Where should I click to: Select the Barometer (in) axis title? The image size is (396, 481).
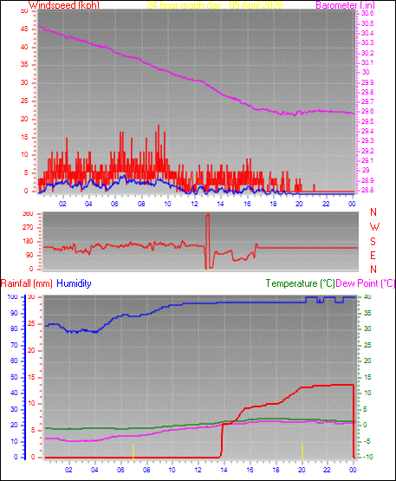point(345,5)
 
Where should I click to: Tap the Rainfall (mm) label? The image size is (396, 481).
point(27,283)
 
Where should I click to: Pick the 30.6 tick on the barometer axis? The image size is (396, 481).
point(367,15)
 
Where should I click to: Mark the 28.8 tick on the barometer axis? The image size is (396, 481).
point(367,190)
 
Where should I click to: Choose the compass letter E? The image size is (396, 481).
point(373,257)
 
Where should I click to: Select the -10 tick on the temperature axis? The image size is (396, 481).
point(367,457)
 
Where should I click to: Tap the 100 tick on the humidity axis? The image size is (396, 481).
point(12,297)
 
